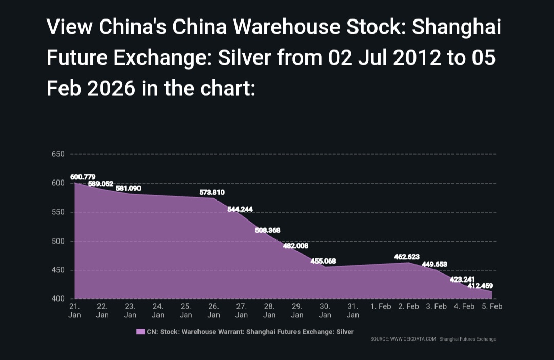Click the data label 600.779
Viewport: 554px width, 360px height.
pos(83,177)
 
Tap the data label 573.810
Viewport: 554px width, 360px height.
pos(212,192)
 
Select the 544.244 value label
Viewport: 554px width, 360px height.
pos(240,209)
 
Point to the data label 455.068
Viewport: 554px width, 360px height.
pos(323,261)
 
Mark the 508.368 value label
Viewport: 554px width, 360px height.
pos(268,230)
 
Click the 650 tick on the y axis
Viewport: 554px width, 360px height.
pos(57,154)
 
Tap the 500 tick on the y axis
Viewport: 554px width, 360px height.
pos(57,241)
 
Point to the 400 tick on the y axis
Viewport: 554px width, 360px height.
pos(57,299)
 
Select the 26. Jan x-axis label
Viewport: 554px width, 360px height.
pos(214,310)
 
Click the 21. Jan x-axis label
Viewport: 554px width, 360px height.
pos(74,310)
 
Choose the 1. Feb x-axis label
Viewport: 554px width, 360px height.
pos(381,306)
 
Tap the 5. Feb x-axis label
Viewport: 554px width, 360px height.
pos(492,306)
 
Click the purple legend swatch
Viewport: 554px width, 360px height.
pos(141,332)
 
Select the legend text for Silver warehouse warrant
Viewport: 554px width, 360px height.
pos(250,332)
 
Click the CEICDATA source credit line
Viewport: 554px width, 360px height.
pos(433,339)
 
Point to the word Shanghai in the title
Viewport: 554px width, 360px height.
pos(457,27)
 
